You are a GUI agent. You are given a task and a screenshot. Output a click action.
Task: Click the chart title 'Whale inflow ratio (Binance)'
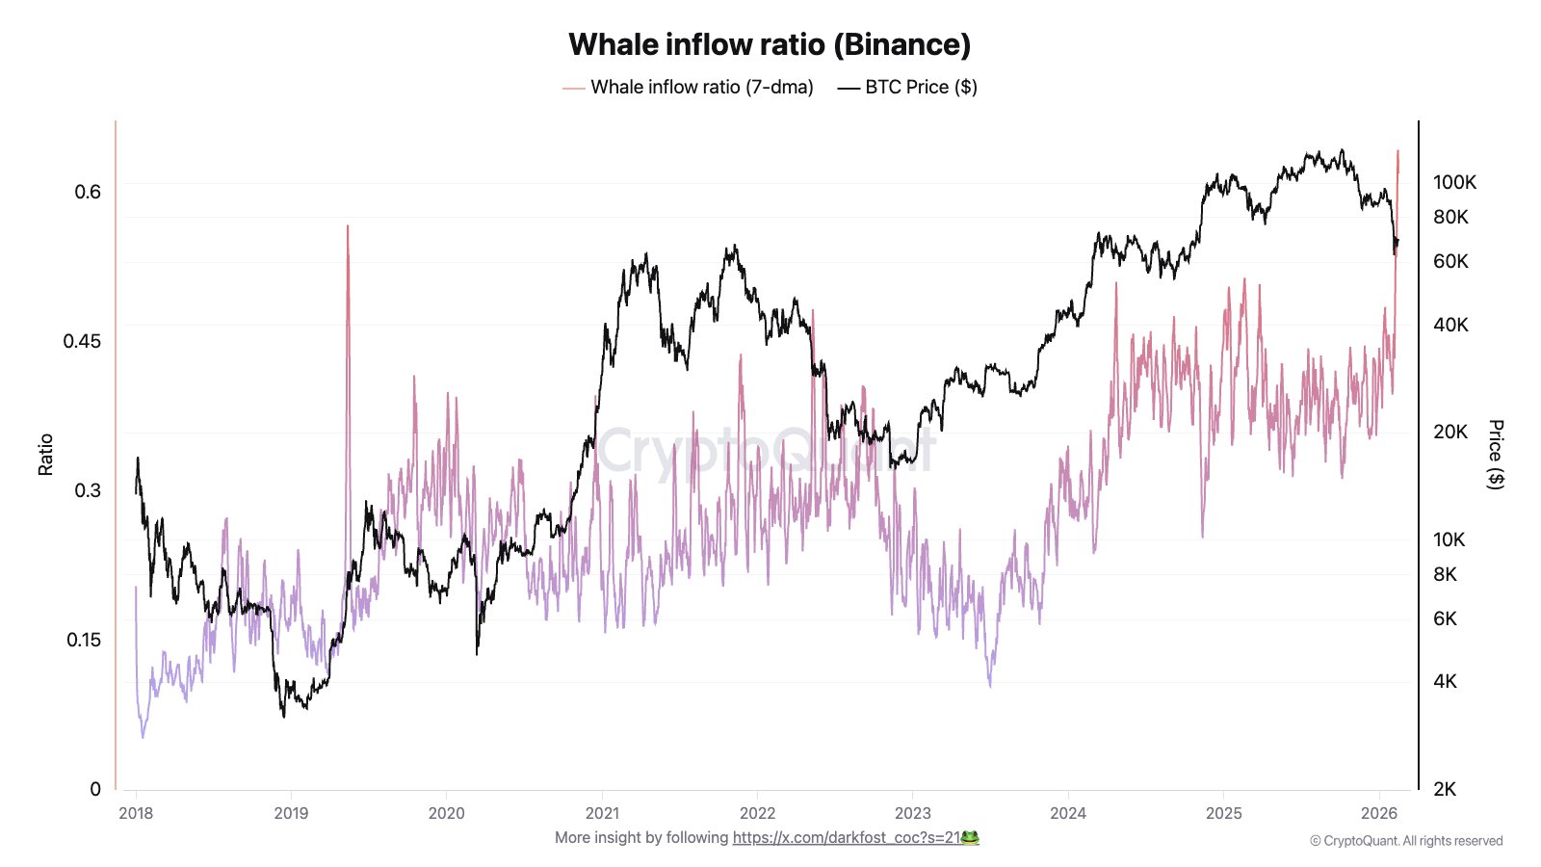point(770,44)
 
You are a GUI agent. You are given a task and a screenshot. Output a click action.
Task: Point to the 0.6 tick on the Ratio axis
point(88,192)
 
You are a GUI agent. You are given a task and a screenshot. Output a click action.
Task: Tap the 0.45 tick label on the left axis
point(82,341)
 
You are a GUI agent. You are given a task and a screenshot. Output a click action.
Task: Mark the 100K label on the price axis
point(1454,182)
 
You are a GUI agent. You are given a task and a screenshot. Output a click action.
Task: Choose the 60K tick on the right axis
point(1450,261)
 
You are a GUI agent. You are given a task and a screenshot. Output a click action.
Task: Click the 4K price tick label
point(1445,681)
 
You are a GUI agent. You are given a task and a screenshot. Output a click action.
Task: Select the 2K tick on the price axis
point(1445,789)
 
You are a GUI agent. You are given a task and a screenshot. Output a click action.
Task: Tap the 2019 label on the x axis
point(291,813)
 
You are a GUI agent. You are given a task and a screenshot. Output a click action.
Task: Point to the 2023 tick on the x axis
point(913,813)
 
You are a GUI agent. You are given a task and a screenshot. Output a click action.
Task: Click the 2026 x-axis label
point(1379,813)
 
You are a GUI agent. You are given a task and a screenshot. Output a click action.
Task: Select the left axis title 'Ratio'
point(45,455)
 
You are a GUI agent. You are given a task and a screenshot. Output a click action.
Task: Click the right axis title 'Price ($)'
point(1495,455)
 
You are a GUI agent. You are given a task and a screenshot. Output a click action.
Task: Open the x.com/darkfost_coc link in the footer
point(847,837)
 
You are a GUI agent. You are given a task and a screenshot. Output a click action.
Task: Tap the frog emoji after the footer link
point(970,837)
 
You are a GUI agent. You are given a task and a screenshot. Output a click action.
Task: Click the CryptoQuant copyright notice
point(1406,841)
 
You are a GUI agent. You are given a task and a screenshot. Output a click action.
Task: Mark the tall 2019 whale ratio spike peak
point(348,226)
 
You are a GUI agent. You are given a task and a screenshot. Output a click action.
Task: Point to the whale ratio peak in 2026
point(1397,151)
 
